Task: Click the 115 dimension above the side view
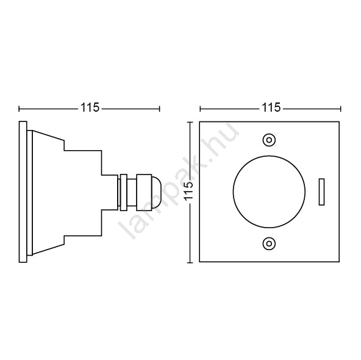90,107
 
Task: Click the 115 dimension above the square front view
271,107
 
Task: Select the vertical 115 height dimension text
189,191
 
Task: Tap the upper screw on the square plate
269,140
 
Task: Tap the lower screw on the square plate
269,243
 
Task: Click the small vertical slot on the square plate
321,192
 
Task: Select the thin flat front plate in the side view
23,192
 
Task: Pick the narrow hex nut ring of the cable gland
124,192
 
